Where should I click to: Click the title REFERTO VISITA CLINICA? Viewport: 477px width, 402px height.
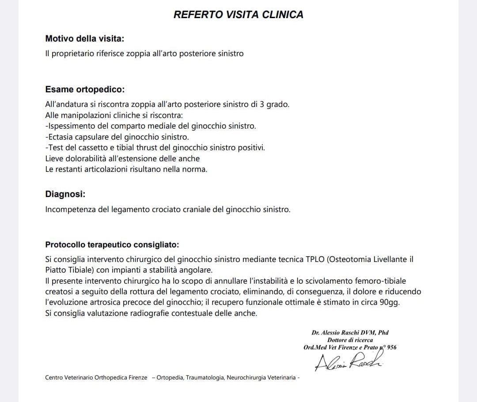pos(238,15)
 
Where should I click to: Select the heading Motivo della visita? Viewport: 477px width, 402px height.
pos(85,38)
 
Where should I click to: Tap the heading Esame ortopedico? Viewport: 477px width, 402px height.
pos(85,90)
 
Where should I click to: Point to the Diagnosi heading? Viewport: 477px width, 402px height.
pos(65,194)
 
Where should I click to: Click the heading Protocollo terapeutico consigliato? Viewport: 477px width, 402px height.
pos(112,245)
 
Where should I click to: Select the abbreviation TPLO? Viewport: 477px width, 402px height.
pos(315,260)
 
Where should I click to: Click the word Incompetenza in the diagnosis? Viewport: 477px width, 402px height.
pos(70,209)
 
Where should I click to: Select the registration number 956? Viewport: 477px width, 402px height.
pos(391,347)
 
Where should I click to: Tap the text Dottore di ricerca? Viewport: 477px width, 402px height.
pos(350,340)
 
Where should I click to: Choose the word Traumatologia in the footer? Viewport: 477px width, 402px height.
pos(204,378)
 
